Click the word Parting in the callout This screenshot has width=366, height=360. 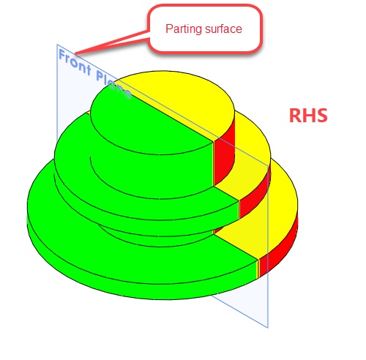[x=184, y=29]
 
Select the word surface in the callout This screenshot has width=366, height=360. [x=223, y=29]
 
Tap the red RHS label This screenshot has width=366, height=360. [x=308, y=115]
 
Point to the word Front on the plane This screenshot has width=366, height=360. [x=75, y=62]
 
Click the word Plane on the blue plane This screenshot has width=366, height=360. [x=113, y=85]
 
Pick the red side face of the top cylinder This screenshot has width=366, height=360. [x=224, y=156]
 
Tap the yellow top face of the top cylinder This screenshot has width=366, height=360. [x=185, y=97]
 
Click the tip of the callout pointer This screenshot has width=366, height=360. [x=75, y=53]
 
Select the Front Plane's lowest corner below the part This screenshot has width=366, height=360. [x=268, y=328]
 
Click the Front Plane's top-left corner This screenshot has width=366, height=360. [x=57, y=45]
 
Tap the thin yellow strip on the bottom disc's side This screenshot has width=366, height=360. [x=258, y=269]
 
